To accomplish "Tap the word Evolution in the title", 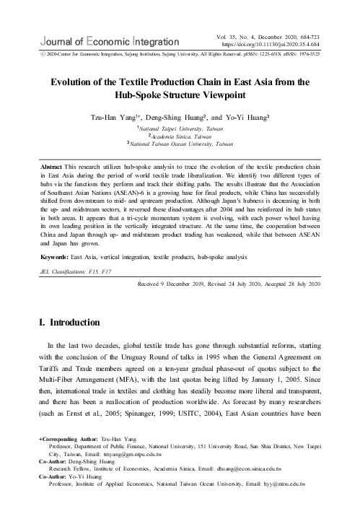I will [74, 82].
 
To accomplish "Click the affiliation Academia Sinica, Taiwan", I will [180, 134].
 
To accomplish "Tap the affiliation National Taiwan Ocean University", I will [180, 144].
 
